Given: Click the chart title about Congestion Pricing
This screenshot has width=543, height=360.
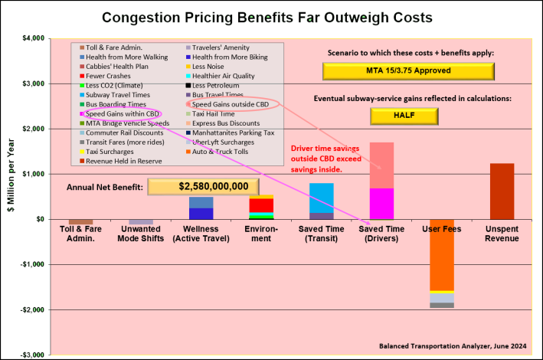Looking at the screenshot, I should [x=272, y=16].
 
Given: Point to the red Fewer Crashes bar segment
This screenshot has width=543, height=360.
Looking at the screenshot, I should [x=261, y=205].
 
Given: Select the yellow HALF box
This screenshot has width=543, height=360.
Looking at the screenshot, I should [x=404, y=116].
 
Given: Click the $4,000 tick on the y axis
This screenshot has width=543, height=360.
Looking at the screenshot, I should [x=31, y=38].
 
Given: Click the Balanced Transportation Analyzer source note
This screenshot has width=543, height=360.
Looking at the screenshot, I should [x=453, y=345].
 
